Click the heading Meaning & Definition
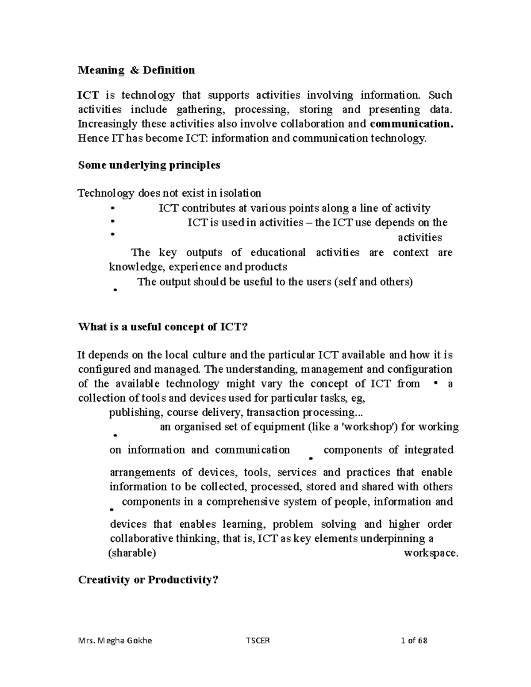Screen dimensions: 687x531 [x=136, y=70]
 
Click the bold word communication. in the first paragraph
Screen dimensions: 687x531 [x=412, y=124]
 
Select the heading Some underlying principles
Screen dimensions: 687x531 [x=149, y=165]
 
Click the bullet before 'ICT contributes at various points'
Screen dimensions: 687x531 [x=113, y=207]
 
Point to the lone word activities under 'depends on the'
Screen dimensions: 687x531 [x=419, y=238]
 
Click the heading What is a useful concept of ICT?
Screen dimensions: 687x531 [x=163, y=327]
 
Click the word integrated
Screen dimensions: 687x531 [x=428, y=450]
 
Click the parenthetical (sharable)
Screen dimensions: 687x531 [x=132, y=553]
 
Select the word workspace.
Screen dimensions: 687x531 [x=431, y=553]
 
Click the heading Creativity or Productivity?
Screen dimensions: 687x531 [x=148, y=580]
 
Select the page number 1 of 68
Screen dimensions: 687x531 [x=411, y=641]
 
